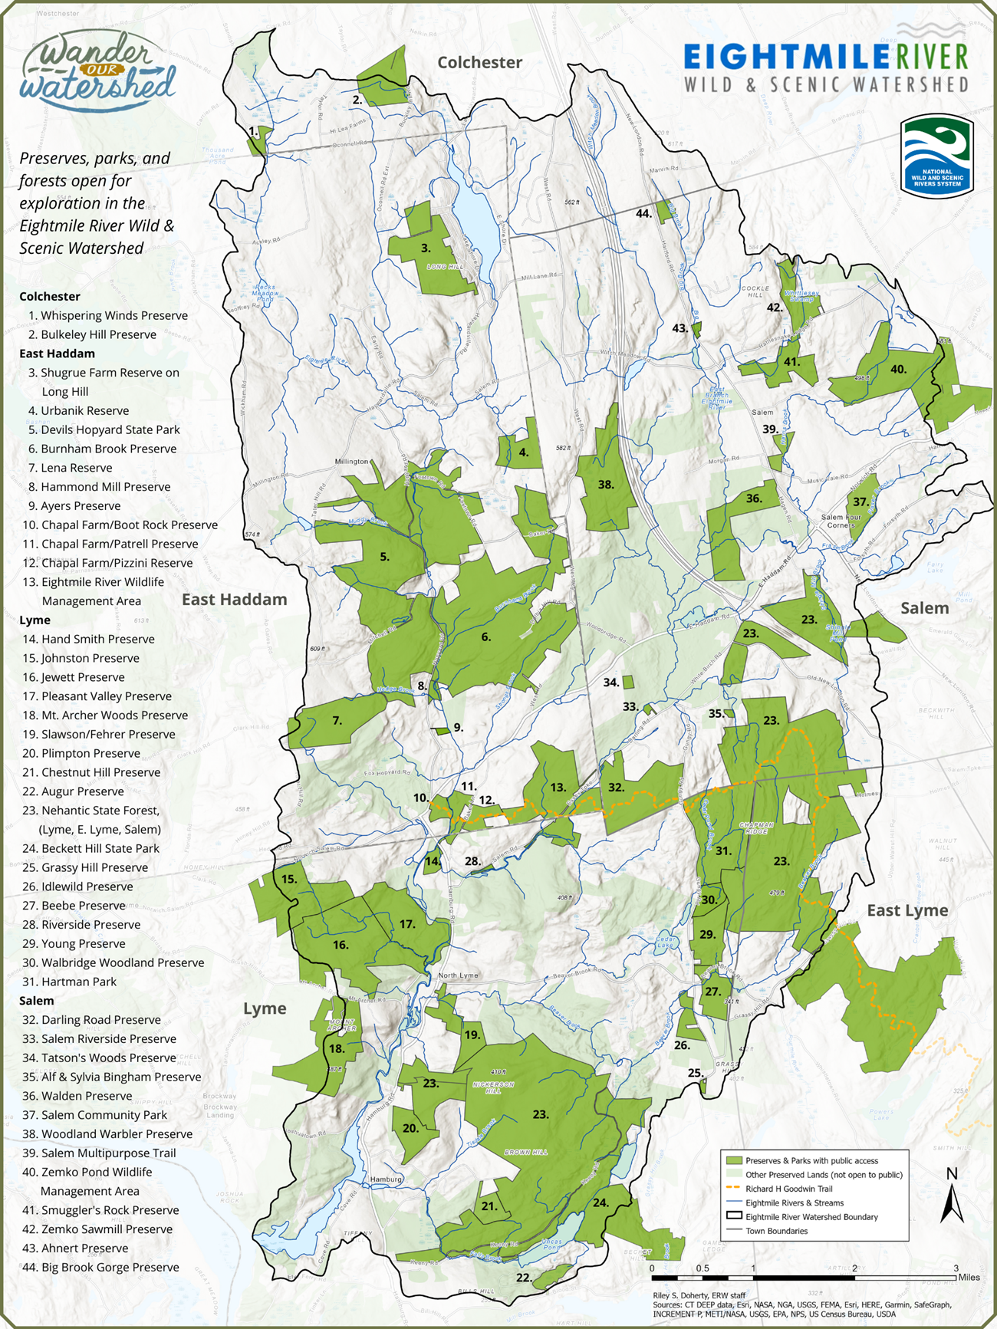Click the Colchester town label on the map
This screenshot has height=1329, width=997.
(479, 63)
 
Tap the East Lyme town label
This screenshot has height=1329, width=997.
(907, 910)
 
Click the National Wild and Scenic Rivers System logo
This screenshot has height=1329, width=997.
(936, 156)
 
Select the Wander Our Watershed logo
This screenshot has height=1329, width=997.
(97, 71)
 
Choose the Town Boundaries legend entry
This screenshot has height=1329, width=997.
(776, 1231)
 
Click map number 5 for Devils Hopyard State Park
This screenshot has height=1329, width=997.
(384, 557)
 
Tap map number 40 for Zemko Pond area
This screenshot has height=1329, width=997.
(898, 369)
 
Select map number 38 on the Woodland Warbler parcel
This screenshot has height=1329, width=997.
(606, 484)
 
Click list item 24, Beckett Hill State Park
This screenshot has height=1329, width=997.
(100, 848)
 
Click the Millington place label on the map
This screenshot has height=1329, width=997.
(351, 462)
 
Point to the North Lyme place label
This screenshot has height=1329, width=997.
(458, 975)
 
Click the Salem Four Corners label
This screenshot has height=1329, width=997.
(841, 521)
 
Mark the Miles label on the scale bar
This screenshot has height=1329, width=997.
(969, 1278)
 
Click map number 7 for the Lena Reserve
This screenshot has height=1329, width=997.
(337, 720)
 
